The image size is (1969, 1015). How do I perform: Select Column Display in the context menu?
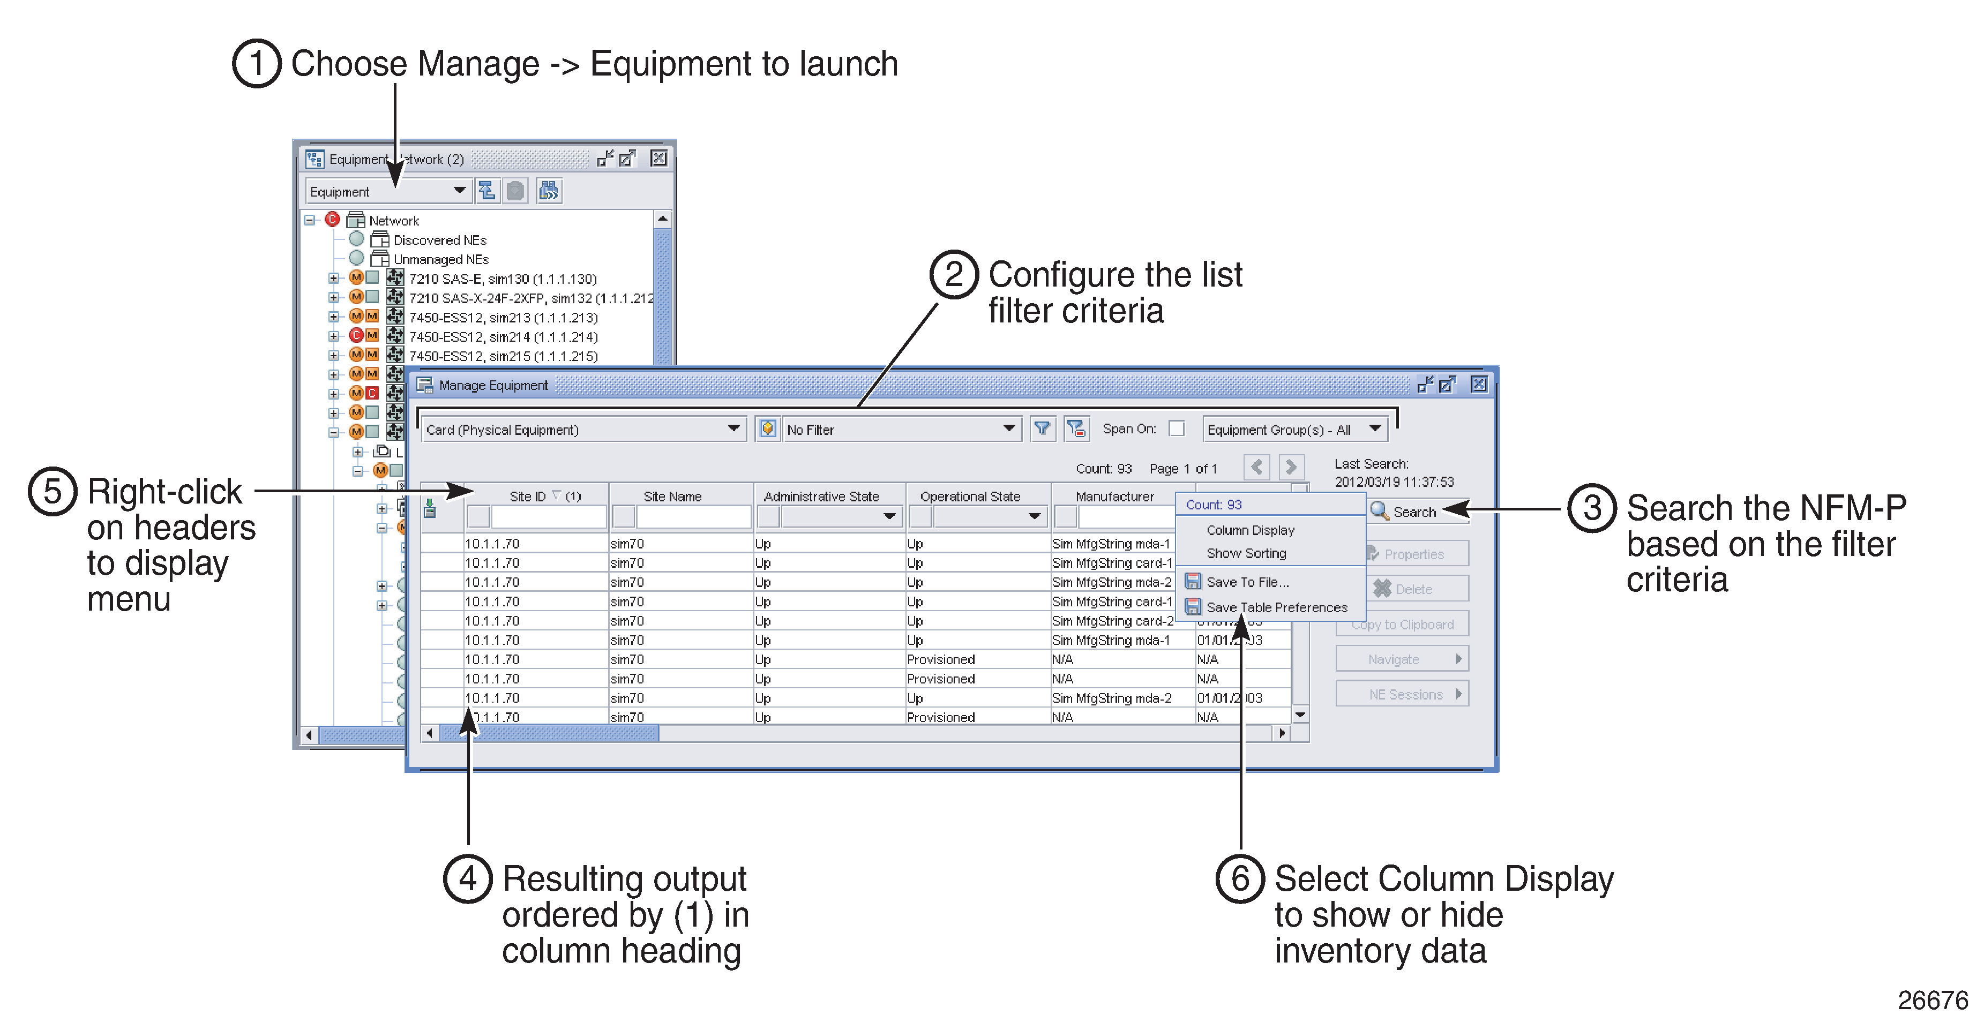pyautogui.click(x=1250, y=530)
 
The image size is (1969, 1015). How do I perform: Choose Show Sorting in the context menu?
pyautogui.click(x=1246, y=553)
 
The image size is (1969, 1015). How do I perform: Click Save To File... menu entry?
pyautogui.click(x=1247, y=582)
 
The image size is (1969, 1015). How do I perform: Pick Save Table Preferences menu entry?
pyautogui.click(x=1276, y=607)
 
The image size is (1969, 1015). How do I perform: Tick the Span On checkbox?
pyautogui.click(x=1177, y=429)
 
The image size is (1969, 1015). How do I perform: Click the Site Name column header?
pyautogui.click(x=672, y=496)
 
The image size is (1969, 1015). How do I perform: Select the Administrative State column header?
pyautogui.click(x=821, y=496)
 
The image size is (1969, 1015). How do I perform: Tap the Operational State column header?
pyautogui.click(x=969, y=496)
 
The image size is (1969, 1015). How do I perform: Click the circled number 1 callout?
pyautogui.click(x=257, y=63)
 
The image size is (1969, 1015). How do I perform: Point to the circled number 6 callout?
pyautogui.click(x=1240, y=878)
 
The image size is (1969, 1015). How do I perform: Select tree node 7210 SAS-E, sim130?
pyautogui.click(x=502, y=278)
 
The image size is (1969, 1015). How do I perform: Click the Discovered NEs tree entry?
pyautogui.click(x=439, y=239)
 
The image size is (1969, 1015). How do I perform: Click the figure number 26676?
pyautogui.click(x=1931, y=999)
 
